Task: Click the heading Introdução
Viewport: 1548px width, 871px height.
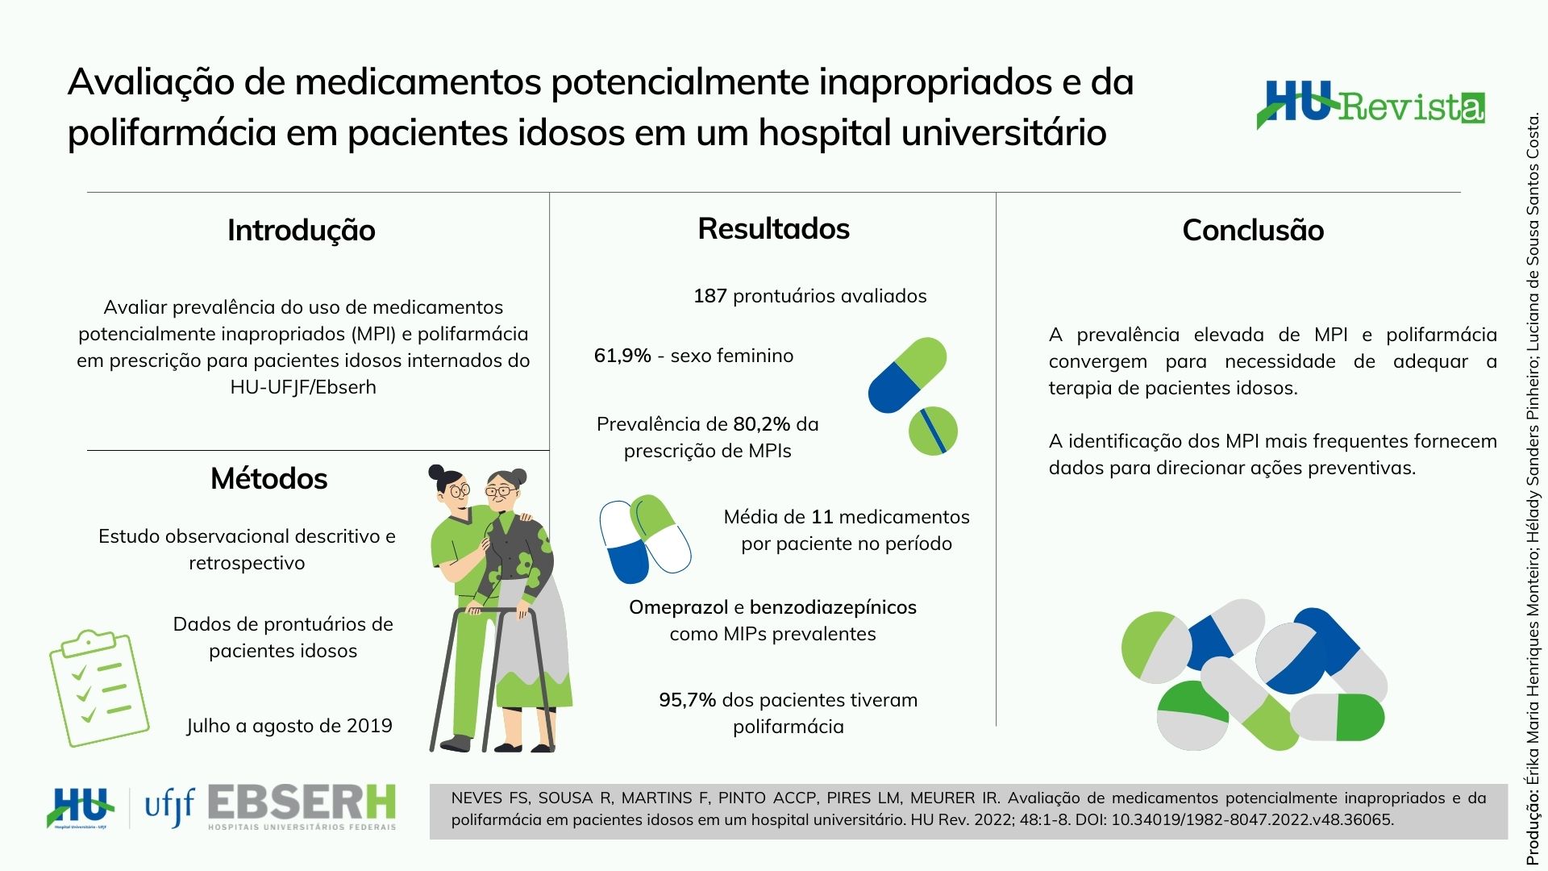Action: pyautogui.click(x=302, y=231)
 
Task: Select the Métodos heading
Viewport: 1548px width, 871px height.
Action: pyautogui.click(x=269, y=479)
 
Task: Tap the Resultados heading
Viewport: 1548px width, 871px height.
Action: pyautogui.click(x=774, y=229)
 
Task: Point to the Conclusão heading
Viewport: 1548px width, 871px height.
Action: pyautogui.click(x=1253, y=231)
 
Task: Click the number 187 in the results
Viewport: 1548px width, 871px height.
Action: pyautogui.click(x=710, y=296)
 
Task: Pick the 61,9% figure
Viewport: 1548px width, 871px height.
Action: pyautogui.click(x=622, y=356)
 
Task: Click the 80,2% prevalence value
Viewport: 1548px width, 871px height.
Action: pyautogui.click(x=762, y=424)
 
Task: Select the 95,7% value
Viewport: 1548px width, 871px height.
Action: pyautogui.click(x=688, y=700)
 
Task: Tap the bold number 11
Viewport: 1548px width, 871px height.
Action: pyautogui.click(x=822, y=517)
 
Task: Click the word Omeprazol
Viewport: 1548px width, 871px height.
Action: pyautogui.click(x=679, y=608)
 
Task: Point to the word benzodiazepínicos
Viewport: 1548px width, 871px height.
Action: pyautogui.click(x=833, y=608)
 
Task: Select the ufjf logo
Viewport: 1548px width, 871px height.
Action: pyautogui.click(x=169, y=806)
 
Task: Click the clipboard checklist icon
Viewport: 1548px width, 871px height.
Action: pyautogui.click(x=99, y=688)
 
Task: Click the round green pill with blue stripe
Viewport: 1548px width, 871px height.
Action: pyautogui.click(x=933, y=431)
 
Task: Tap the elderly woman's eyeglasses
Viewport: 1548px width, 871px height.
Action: pyautogui.click(x=501, y=490)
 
